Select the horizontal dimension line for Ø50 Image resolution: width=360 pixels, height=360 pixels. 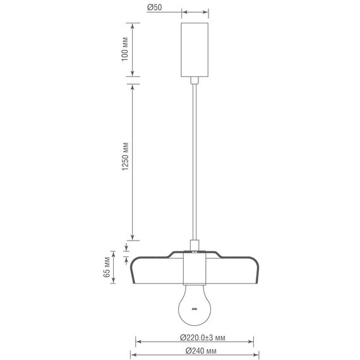(x=195, y=11)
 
